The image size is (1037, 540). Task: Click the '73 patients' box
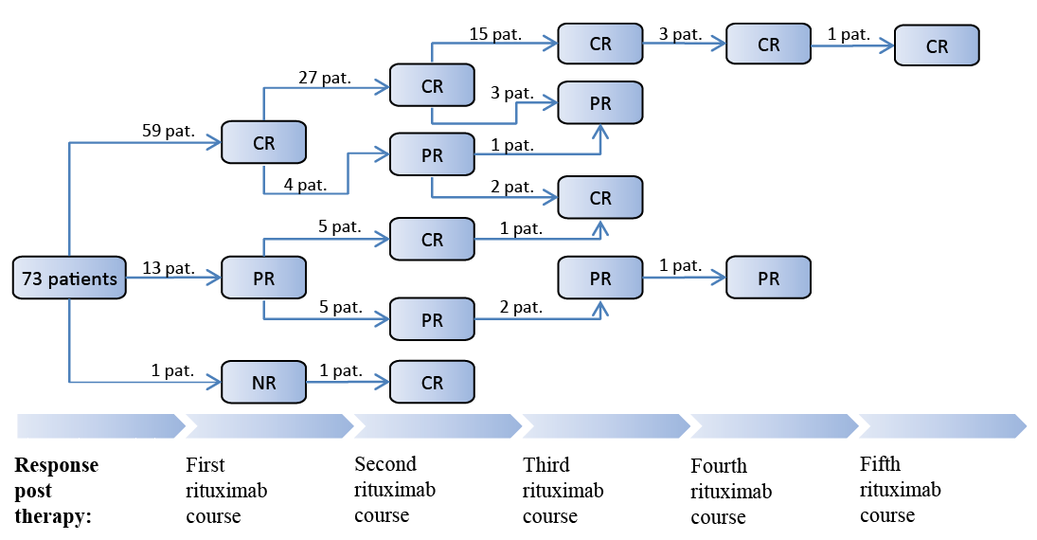point(69,278)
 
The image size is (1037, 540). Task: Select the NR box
point(264,382)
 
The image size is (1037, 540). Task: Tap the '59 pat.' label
point(169,131)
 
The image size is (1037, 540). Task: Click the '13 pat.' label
point(169,268)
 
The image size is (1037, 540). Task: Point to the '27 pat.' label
point(325,78)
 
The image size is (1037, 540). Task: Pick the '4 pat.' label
point(306,185)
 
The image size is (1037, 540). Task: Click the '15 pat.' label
point(495,34)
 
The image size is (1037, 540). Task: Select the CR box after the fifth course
point(937,45)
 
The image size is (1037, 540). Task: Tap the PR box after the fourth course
point(768,278)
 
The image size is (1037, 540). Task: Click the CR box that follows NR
point(432,382)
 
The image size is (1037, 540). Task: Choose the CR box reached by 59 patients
point(264,142)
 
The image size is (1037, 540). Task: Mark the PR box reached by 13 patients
point(264,278)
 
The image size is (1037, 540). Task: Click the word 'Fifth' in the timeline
point(880,464)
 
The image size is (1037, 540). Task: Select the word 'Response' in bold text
point(56,465)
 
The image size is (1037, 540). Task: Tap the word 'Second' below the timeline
point(385,464)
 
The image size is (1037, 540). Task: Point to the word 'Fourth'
point(719,466)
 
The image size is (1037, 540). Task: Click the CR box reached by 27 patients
point(432,85)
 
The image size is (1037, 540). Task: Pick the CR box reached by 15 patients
point(599,44)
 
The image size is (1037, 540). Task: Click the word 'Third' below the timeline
point(546,464)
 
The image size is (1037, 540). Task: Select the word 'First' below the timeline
point(205,464)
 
